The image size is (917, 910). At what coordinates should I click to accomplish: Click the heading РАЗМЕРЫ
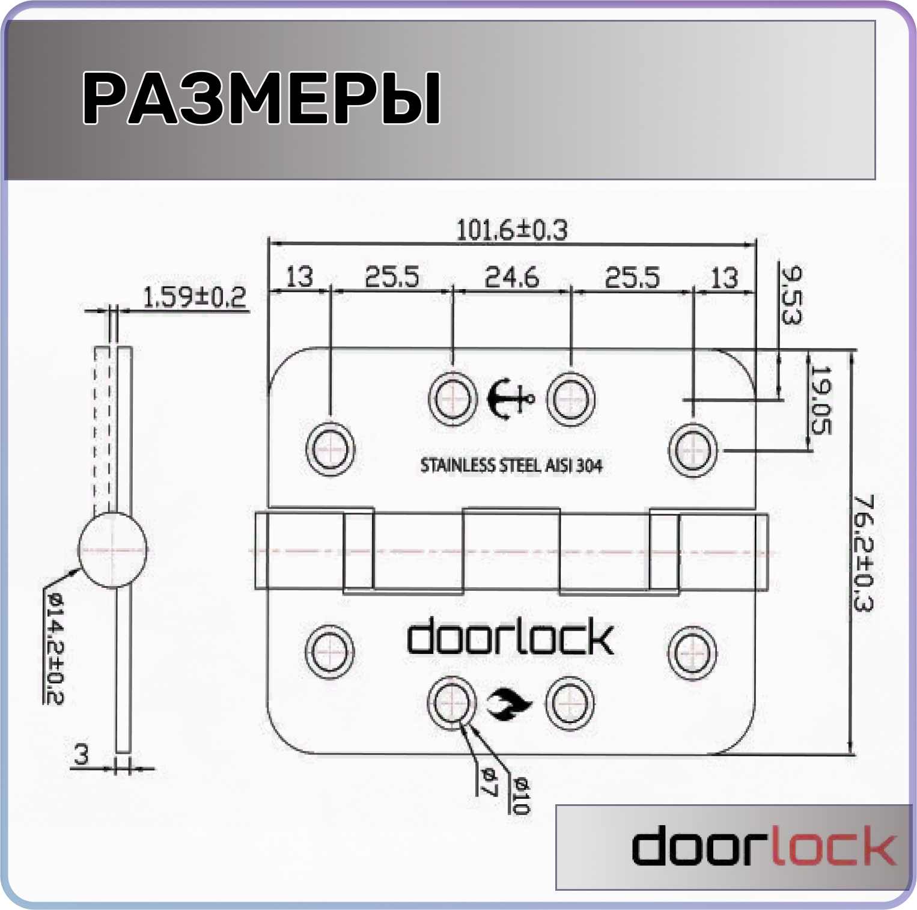pos(261,97)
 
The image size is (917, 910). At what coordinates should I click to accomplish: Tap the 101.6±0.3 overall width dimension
pos(512,230)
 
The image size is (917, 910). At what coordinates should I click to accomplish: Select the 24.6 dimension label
pos(512,277)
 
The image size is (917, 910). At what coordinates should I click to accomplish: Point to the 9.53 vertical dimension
pos(791,295)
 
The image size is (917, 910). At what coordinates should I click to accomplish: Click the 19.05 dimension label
pos(820,400)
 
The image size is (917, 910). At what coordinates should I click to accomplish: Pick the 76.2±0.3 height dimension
pos(863,553)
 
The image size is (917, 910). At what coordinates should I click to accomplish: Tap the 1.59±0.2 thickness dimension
pos(195,297)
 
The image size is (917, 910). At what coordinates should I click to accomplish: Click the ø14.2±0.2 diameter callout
pos(54,648)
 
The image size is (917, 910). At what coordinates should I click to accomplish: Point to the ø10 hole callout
pos(520,795)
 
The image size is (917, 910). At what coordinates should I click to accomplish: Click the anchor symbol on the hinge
pos(510,399)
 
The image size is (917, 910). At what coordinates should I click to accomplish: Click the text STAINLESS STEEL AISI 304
pos(511,465)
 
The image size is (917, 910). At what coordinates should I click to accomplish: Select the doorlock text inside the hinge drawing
pos(510,638)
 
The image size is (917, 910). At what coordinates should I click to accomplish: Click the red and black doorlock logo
pos(763,846)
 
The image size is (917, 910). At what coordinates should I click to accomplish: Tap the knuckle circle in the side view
pos(113,549)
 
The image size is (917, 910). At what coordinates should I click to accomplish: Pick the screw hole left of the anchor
pos(452,399)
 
